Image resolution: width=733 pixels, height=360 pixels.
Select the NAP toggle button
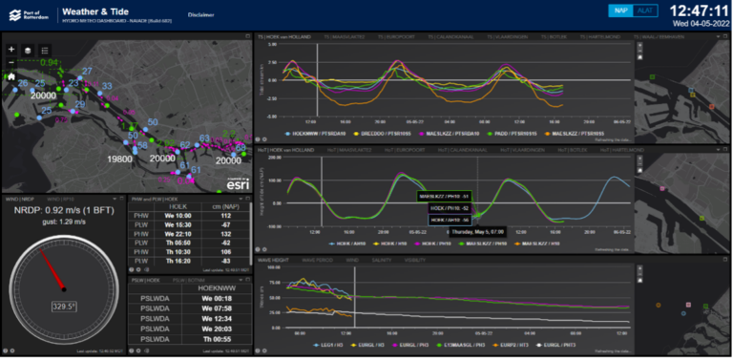pyautogui.click(x=621, y=11)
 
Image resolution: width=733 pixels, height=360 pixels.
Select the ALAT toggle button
pyautogui.click(x=646, y=11)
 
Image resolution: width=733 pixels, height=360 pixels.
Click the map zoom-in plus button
pyautogui.click(x=11, y=49)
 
